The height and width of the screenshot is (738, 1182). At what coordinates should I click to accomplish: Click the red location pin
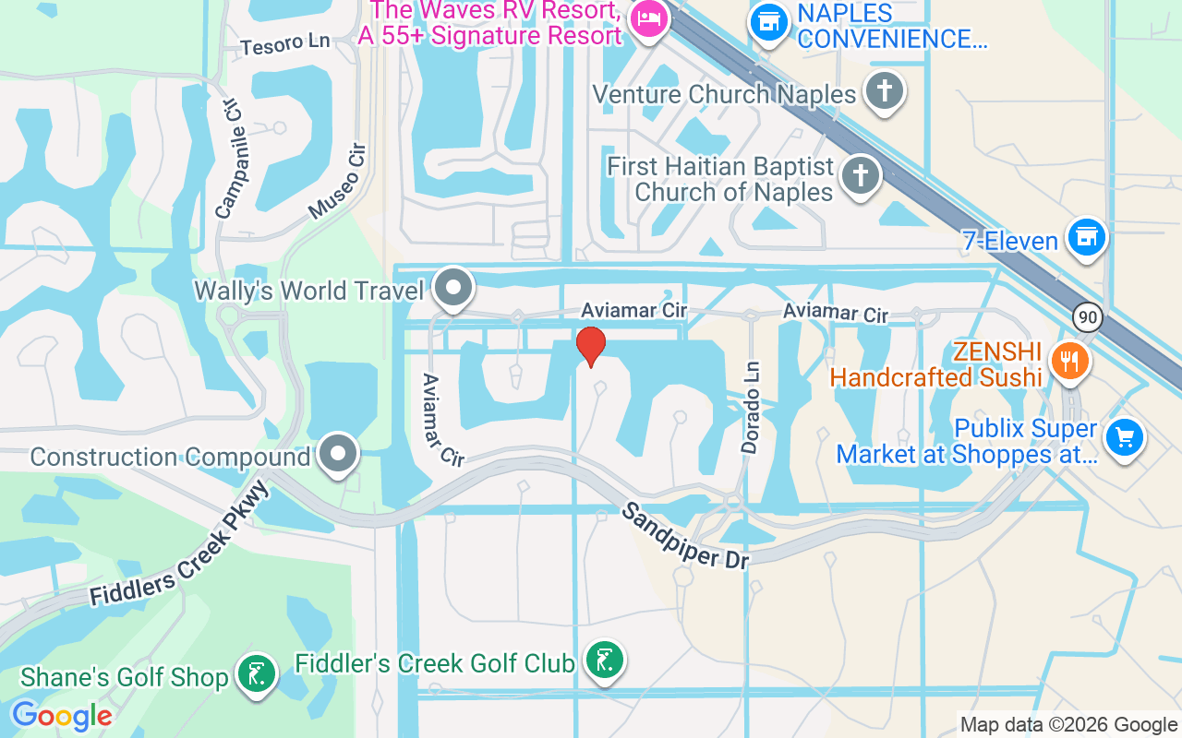(x=590, y=347)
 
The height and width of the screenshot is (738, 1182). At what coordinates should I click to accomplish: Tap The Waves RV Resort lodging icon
(x=648, y=18)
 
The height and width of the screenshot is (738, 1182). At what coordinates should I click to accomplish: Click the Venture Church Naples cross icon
(x=884, y=90)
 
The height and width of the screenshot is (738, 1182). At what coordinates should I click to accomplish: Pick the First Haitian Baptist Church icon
(x=861, y=174)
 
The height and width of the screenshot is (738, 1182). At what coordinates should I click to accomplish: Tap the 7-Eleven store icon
(x=1087, y=238)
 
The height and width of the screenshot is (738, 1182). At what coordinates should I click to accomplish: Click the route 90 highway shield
(x=1089, y=317)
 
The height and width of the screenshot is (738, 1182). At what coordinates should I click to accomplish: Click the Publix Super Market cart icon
(x=1124, y=436)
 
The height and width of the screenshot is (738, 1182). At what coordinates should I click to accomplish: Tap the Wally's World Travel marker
(x=453, y=288)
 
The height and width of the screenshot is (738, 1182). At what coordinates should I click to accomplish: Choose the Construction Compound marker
(x=339, y=453)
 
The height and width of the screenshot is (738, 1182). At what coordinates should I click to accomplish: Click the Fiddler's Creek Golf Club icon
(x=604, y=661)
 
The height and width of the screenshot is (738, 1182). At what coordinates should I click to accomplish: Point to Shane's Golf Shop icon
(x=256, y=674)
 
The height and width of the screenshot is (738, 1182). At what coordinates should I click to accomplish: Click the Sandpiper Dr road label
(x=685, y=535)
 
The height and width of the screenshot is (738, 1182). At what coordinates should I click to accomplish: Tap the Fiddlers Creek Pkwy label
(x=179, y=544)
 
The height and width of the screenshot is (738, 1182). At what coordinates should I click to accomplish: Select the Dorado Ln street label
(x=751, y=407)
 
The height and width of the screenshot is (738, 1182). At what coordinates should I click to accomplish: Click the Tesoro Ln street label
(x=284, y=43)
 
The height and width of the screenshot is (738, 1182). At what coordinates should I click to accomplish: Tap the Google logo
(x=61, y=715)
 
